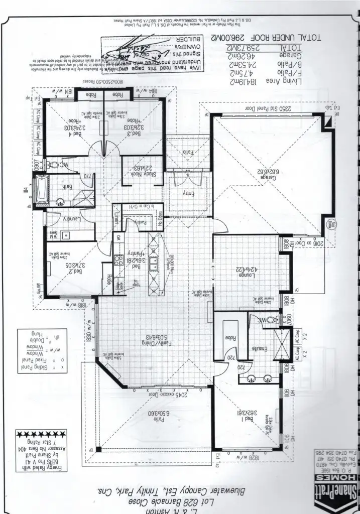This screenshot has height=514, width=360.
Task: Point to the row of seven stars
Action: pos(39,433)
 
